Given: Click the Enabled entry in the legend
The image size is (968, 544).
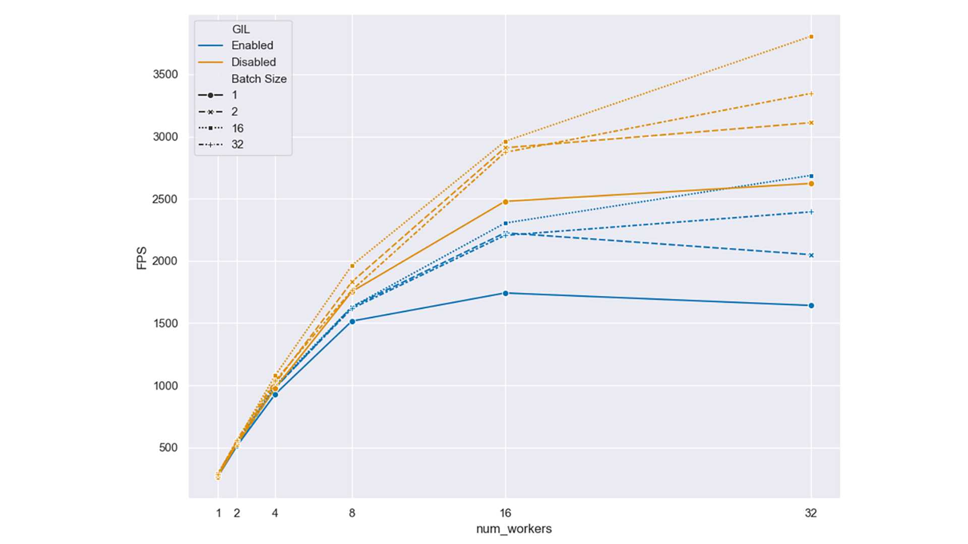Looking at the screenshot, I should pyautogui.click(x=252, y=45).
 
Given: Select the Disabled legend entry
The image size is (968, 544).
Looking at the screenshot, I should pyautogui.click(x=254, y=62).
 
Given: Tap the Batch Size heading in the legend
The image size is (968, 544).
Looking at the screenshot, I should pyautogui.click(x=259, y=79).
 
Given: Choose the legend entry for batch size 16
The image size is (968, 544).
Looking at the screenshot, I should pyautogui.click(x=237, y=128).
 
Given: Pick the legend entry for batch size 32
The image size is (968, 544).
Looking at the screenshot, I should pyautogui.click(x=237, y=145).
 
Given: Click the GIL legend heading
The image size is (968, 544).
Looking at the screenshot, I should pyautogui.click(x=241, y=29).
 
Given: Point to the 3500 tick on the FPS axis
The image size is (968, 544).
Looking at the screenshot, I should pyautogui.click(x=165, y=75).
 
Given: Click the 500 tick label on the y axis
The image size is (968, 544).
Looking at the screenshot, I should pyautogui.click(x=168, y=448).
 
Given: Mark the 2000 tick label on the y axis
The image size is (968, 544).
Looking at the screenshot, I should pyautogui.click(x=165, y=261).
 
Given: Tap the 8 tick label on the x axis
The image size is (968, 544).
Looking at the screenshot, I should pyautogui.click(x=352, y=513).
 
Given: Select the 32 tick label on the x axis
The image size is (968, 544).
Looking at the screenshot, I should pyautogui.click(x=811, y=513).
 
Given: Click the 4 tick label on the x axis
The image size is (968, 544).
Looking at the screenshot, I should pyautogui.click(x=275, y=513).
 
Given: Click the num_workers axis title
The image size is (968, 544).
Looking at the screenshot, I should pyautogui.click(x=514, y=529).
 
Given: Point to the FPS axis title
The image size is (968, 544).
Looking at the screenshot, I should pyautogui.click(x=142, y=258).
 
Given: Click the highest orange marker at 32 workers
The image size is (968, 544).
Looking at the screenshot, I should pyautogui.click(x=811, y=37).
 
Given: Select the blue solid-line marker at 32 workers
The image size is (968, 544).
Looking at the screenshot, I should pyautogui.click(x=811, y=306).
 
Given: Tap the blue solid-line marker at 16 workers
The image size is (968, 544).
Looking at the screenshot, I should pyautogui.click(x=506, y=293).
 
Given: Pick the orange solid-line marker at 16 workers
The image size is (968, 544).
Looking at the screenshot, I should pyautogui.click(x=506, y=201).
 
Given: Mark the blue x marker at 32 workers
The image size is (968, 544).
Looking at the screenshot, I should pyautogui.click(x=811, y=255).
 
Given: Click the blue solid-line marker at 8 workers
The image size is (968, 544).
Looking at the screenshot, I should pyautogui.click(x=352, y=321).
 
